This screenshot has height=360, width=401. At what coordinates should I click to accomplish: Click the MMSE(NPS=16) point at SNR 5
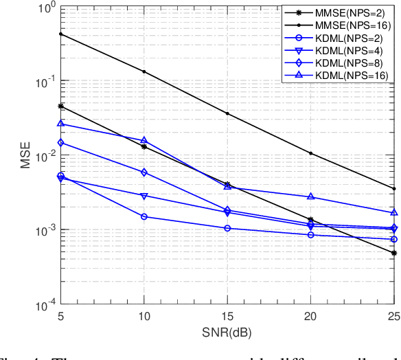coord(61,34)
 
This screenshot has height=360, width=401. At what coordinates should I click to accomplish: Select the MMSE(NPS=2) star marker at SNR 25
coord(394,254)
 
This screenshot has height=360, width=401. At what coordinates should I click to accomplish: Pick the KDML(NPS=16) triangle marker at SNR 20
coord(311,196)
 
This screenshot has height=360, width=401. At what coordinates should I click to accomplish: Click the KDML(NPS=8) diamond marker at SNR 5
coord(61,143)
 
